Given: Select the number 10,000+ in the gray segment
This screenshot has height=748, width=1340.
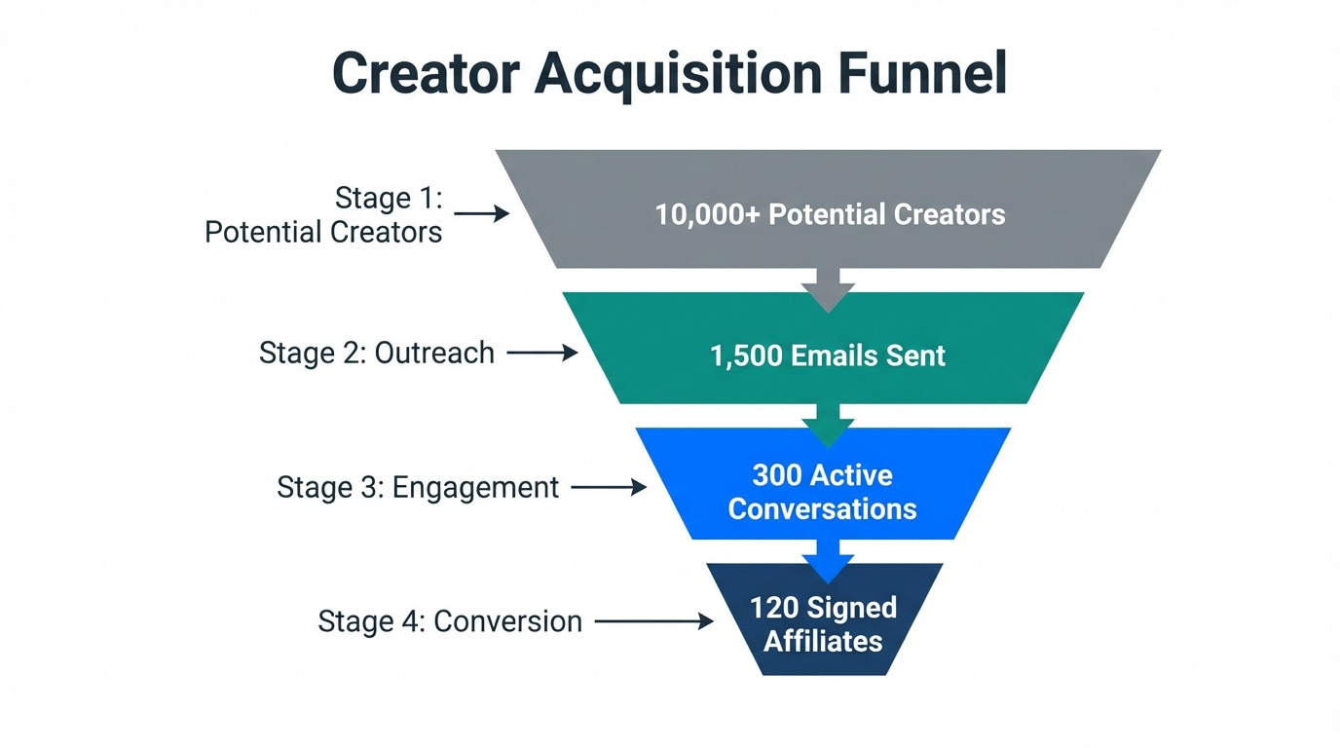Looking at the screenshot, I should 707,214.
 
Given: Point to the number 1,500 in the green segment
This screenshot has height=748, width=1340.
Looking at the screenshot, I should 745,355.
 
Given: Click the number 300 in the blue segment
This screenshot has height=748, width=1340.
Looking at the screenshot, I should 776,475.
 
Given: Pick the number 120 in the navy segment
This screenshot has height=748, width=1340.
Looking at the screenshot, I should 773,608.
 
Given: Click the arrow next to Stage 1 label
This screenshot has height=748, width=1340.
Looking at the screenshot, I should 482,213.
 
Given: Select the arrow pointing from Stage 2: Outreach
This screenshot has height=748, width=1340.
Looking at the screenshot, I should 542,354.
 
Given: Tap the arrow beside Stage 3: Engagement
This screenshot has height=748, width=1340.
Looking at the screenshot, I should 609,487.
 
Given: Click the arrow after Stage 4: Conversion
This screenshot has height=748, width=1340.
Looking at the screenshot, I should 653,621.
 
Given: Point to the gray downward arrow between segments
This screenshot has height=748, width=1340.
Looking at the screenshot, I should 828,289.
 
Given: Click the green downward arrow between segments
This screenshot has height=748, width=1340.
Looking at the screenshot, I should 828,425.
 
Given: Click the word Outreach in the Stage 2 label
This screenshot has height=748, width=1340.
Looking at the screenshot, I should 434,353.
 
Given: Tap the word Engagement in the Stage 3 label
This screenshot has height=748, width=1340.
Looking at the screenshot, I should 475,487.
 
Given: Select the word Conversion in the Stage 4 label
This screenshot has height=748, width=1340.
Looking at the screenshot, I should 507,621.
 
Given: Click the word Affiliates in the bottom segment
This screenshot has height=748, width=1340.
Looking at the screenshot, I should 823,641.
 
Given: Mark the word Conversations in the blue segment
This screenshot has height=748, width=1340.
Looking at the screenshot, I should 823,508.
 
